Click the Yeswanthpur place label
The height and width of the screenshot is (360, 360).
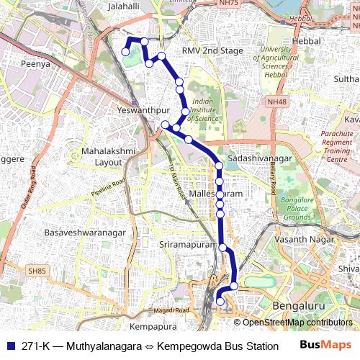coord(138,111)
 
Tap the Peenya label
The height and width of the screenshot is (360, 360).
coord(35,64)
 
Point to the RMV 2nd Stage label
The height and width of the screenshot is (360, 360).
coord(212,51)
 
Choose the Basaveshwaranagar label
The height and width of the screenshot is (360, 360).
coord(85,233)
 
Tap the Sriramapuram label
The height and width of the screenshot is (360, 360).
coord(187,245)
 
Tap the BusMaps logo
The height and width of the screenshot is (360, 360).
coord(323,345)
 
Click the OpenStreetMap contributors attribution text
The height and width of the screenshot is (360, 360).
coord(296,323)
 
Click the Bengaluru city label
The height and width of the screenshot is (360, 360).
coord(299,307)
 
